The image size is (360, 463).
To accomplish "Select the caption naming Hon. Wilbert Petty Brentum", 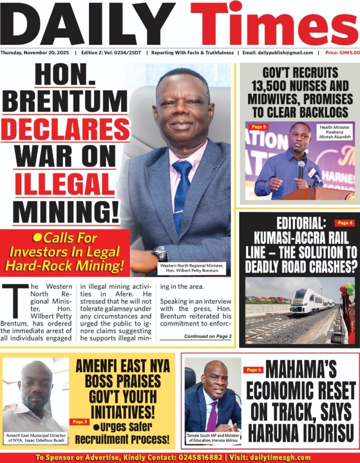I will point(192,268).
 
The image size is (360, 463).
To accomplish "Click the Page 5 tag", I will point(259,127).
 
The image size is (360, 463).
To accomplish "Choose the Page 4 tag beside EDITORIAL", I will point(344,223).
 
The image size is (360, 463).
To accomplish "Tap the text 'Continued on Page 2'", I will point(208,336).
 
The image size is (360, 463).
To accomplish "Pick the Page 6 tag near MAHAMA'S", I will point(253,370).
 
